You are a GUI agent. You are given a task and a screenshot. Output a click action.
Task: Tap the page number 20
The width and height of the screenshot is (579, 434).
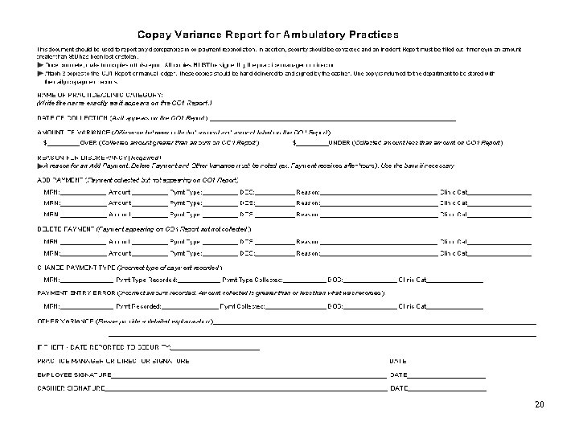click(538, 403)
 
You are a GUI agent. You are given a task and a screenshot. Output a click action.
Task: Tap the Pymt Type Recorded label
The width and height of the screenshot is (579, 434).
click(147, 279)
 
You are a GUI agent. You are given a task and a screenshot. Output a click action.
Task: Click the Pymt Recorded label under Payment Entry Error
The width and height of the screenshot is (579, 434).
click(138, 306)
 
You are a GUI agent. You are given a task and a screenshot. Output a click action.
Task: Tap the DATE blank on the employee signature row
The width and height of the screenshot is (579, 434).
click(446, 377)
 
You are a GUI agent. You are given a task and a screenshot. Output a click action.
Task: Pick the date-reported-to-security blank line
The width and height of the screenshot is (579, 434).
click(216, 349)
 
